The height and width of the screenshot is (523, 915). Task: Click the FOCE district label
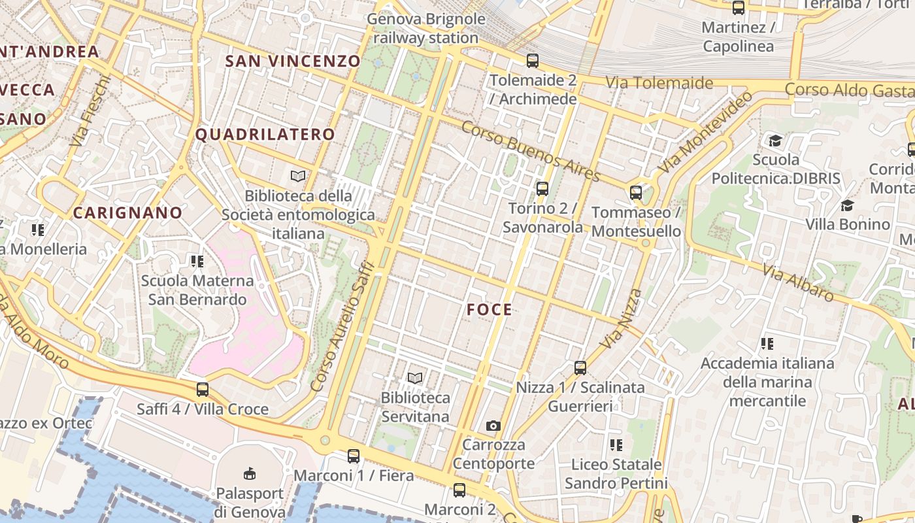pos(490,310)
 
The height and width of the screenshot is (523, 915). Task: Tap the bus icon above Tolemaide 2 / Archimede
pos(533,61)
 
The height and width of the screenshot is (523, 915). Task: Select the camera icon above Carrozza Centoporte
pos(493,426)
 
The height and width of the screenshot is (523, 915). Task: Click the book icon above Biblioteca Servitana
pos(415,378)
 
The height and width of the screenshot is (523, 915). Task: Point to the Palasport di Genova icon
pos(249,473)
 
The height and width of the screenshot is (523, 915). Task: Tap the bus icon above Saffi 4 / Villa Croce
pos(203,390)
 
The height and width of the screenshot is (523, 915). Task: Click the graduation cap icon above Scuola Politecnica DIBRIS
pos(775,141)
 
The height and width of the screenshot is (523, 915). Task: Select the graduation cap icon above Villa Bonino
pos(847,205)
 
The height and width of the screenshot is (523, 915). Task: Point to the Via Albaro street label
pos(798,282)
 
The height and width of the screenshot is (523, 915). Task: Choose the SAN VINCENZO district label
pos(293,61)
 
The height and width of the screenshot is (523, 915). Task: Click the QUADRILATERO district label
pos(265,135)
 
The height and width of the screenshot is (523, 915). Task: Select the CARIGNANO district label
pos(127,212)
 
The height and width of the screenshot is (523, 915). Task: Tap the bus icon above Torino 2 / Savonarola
pos(542,189)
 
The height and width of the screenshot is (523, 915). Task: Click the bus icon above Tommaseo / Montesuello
pos(636,193)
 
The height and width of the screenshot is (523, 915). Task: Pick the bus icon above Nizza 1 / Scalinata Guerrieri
pos(580,368)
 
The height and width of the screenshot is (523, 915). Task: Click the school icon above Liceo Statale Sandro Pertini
pos(616,445)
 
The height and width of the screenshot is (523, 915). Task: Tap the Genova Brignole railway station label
pos(426,29)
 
